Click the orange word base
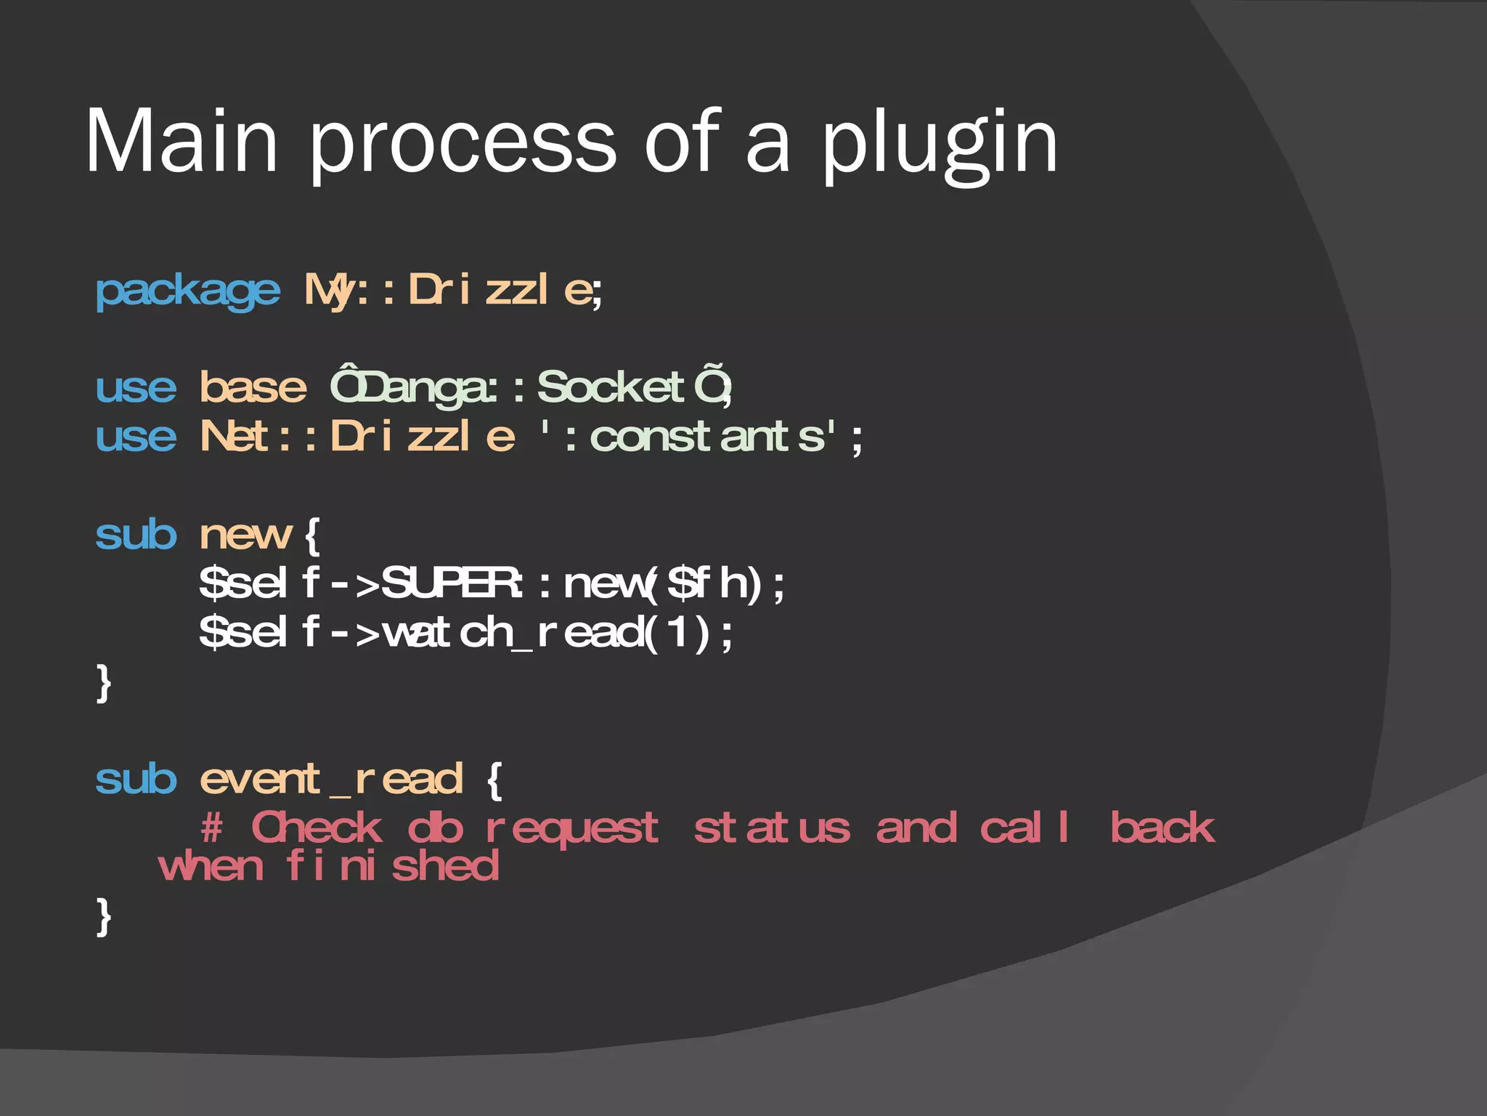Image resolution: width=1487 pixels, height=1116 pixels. [253, 387]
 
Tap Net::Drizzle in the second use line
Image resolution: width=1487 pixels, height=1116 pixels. [357, 437]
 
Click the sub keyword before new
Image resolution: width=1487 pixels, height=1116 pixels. [136, 535]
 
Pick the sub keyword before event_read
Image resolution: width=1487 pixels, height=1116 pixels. [136, 780]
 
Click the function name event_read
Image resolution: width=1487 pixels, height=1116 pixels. [331, 780]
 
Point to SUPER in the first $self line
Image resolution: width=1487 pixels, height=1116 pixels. [450, 583]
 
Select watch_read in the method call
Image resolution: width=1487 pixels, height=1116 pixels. [513, 632]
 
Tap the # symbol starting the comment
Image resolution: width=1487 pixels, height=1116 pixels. [211, 828]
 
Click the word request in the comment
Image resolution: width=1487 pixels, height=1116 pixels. [571, 829]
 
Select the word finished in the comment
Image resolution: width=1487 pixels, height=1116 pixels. [392, 866]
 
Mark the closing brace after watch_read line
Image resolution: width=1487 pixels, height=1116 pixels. [104, 682]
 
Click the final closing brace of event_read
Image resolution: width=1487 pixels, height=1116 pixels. [104, 916]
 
